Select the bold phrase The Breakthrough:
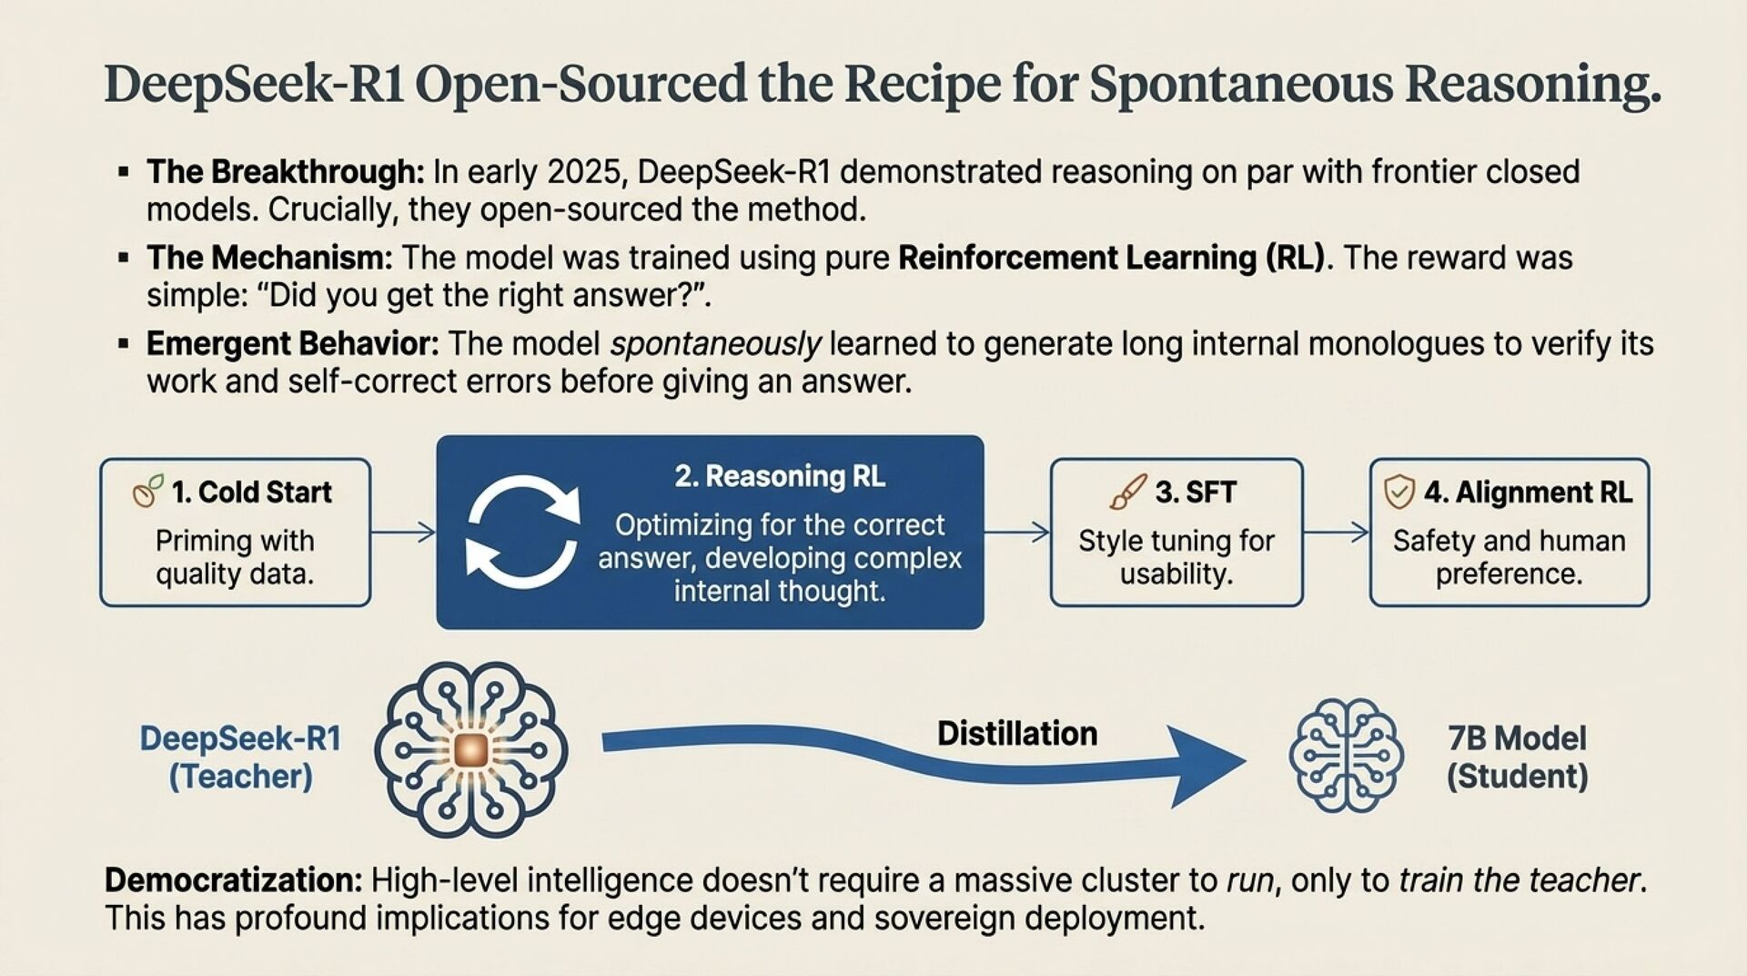286,171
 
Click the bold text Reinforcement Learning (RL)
1112,258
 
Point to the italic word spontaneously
716,344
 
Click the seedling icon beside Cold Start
148,491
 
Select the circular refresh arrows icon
522,532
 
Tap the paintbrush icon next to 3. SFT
1128,492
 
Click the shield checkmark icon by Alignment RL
1399,492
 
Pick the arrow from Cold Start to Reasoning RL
404,532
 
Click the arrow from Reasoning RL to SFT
1016,532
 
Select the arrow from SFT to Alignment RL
1336,532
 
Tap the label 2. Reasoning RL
780,476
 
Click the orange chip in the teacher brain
471,749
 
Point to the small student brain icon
1346,755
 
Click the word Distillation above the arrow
1017,733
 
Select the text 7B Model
1517,737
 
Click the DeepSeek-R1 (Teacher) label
240,757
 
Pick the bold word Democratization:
234,880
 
